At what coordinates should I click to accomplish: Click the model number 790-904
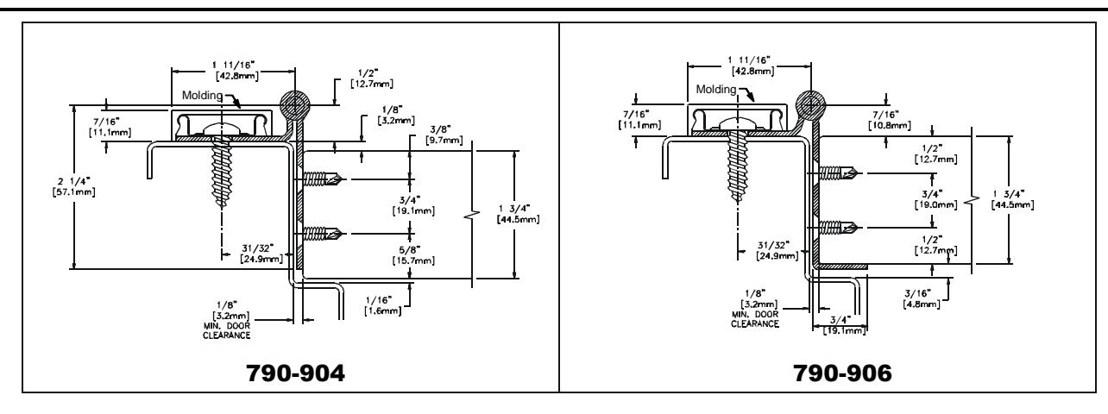(295, 373)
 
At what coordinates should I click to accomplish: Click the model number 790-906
(842, 373)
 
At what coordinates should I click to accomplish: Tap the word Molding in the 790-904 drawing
(202, 95)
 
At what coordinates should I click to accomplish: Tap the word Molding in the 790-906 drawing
(716, 89)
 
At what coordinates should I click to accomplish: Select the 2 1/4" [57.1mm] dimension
(73, 186)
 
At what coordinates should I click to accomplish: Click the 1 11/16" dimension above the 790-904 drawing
(236, 70)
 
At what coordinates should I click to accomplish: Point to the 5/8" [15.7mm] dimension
(413, 254)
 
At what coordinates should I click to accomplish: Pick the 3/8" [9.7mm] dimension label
(444, 135)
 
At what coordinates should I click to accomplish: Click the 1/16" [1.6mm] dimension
(383, 305)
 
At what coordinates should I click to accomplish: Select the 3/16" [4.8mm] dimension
(922, 298)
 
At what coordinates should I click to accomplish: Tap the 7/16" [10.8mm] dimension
(890, 120)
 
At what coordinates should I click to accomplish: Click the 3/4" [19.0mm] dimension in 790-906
(935, 199)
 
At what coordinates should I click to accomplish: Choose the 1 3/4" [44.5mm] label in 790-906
(1012, 199)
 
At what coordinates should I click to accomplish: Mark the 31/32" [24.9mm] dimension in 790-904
(262, 254)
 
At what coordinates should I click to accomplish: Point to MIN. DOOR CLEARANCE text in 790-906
(755, 319)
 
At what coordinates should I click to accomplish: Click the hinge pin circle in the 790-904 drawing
(295, 105)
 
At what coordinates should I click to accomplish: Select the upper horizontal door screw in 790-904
(322, 179)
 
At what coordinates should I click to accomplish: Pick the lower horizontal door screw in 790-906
(838, 228)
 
